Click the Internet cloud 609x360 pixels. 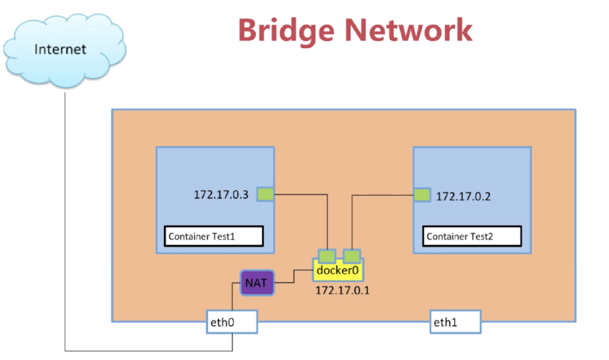pyautogui.click(x=65, y=50)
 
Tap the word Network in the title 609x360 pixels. pyautogui.click(x=409, y=30)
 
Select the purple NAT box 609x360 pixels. pyautogui.click(x=256, y=282)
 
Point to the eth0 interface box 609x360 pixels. pyautogui.click(x=232, y=322)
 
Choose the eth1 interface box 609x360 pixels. pyautogui.click(x=455, y=322)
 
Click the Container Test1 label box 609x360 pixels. pyautogui.click(x=214, y=236)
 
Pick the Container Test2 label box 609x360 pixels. pyautogui.click(x=472, y=236)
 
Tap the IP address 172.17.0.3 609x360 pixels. pyautogui.click(x=221, y=194)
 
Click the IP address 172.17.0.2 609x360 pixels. pyautogui.click(x=463, y=197)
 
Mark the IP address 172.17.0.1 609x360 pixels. pyautogui.click(x=342, y=291)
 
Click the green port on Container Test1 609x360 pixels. pyautogui.click(x=266, y=194)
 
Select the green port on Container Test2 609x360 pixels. pyautogui.click(x=422, y=195)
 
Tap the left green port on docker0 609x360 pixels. pyautogui.click(x=327, y=256)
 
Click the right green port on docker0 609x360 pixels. pyautogui.click(x=352, y=256)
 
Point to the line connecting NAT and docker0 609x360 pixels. pyautogui.click(x=294, y=277)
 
